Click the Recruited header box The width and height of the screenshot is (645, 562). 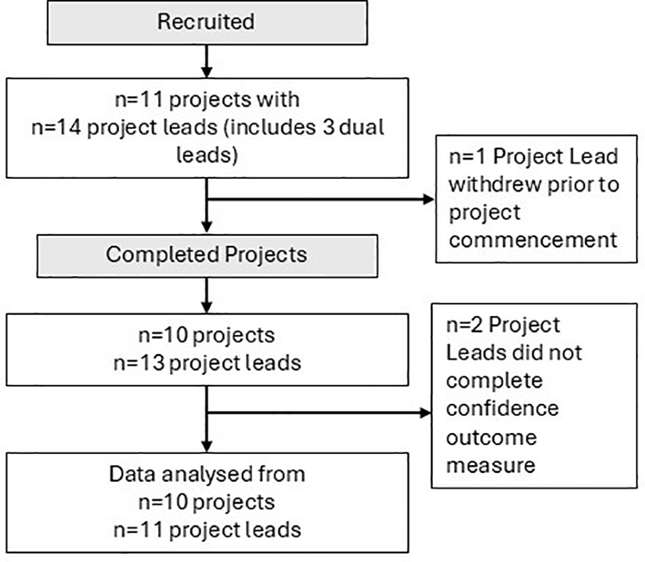point(206,22)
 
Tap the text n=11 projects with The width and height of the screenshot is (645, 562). point(206,99)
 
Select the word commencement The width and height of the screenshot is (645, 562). point(532,240)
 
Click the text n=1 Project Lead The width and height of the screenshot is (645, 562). point(532,156)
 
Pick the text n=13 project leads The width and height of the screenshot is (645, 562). point(206,363)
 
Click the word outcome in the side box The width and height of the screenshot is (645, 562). point(491,437)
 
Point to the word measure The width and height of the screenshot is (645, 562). point(490,465)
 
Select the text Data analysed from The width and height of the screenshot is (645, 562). point(206,474)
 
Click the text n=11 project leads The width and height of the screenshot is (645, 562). point(206,529)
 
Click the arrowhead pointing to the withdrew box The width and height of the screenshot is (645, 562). point(426,200)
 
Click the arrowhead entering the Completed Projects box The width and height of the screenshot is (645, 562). point(206,228)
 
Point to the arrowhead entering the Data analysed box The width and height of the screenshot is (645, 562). point(206,446)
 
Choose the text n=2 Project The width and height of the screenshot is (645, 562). point(503,325)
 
